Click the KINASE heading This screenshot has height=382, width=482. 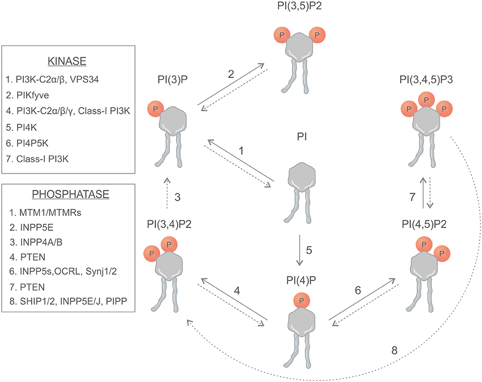[66, 61]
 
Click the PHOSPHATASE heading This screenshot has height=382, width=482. [71, 194]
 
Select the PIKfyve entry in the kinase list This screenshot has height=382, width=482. [27, 95]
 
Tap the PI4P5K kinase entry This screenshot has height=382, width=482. [27, 143]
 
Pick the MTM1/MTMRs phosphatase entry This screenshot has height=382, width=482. [45, 212]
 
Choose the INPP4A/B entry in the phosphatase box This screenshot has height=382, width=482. [36, 242]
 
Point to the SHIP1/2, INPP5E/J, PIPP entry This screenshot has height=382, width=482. [68, 301]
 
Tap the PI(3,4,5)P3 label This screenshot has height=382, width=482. [426, 80]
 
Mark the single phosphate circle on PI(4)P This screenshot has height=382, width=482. [301, 300]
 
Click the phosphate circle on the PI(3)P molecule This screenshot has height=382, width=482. [156, 109]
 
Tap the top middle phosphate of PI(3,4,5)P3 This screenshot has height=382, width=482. [427, 100]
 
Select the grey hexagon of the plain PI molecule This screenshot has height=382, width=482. [302, 176]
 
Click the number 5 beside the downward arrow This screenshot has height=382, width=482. [309, 250]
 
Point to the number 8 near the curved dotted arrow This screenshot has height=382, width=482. [394, 350]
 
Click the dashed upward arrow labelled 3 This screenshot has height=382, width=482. [167, 193]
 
